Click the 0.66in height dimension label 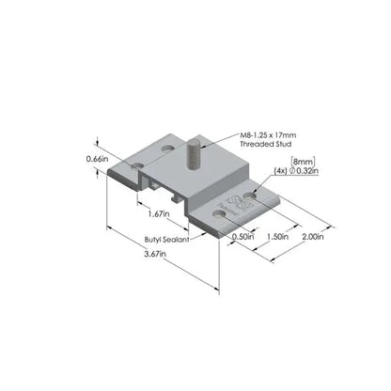(97, 159)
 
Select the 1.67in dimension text (159, 214)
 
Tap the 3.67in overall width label (155, 254)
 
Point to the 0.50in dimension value (242, 237)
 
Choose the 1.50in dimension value (277, 237)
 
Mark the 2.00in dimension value (313, 237)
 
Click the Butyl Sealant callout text (167, 240)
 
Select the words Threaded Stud (266, 144)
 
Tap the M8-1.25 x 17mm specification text (268, 135)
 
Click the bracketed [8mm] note (303, 162)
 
